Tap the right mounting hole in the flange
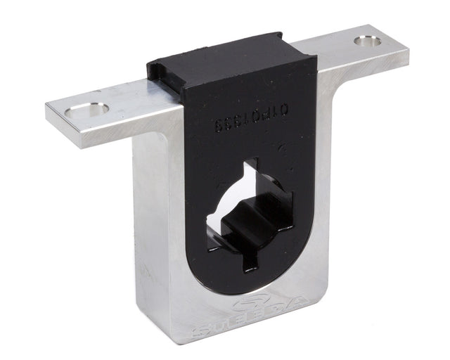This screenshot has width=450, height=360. pyautogui.click(x=368, y=41)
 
